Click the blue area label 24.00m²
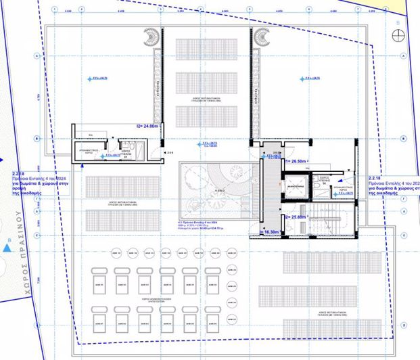coord(147,126)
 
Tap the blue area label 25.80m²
coord(296,217)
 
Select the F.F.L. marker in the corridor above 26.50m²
coord(273,156)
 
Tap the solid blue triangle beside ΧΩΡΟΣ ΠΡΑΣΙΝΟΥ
coord(7,248)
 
